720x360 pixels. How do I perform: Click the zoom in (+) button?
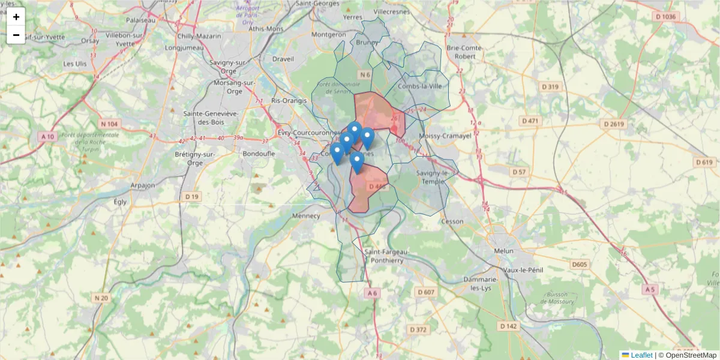16,17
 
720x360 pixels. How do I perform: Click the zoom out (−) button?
16,35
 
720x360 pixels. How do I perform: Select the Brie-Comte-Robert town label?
464,52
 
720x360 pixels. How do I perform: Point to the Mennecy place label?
307,215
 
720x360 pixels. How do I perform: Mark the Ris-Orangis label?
289,101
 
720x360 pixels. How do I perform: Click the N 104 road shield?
109,124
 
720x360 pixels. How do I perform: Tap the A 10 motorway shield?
48,137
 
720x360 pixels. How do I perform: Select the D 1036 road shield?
666,17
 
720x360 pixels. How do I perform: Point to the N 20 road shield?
101,298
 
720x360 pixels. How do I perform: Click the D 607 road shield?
425,292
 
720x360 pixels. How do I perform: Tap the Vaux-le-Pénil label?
523,270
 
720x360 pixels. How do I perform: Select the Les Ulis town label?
75,63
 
